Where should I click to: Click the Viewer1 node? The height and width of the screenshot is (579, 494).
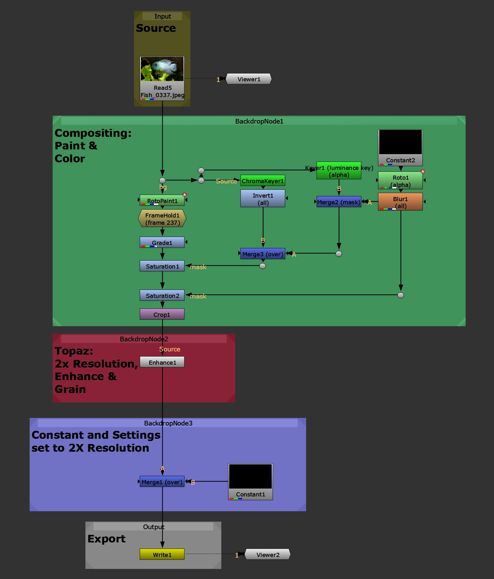(249, 79)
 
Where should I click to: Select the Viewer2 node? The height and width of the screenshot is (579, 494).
(268, 554)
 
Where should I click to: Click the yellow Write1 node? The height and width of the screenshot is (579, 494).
(162, 554)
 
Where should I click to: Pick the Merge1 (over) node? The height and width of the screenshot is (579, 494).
(162, 481)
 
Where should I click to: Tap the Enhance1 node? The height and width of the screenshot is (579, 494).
(162, 362)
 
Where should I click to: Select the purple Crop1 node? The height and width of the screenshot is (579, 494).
(162, 314)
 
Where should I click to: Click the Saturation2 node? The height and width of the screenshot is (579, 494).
(162, 295)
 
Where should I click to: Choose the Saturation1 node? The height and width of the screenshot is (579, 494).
(162, 266)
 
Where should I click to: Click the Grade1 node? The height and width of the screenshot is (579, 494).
(162, 242)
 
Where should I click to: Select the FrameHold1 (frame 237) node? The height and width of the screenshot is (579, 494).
(162, 218)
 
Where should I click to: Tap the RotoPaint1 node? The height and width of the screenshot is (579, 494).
(162, 200)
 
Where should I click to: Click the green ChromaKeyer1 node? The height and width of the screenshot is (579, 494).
(263, 181)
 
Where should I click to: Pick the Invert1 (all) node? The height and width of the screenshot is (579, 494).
(263, 198)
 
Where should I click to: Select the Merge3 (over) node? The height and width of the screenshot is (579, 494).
(263, 254)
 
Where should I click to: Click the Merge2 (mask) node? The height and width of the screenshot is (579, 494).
(339, 202)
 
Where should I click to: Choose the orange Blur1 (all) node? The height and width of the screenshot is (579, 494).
(400, 202)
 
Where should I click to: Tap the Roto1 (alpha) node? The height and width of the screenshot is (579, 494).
(400, 180)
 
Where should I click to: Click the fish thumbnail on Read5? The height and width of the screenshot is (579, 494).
(162, 69)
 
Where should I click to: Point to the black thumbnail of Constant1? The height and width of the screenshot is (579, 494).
(250, 476)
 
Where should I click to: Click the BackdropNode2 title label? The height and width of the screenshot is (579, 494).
(144, 339)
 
